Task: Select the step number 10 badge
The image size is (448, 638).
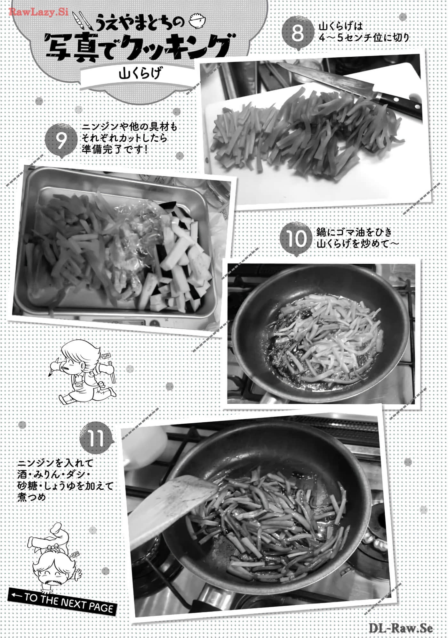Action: click(296, 239)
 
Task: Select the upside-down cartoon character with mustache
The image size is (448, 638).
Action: click(54, 556)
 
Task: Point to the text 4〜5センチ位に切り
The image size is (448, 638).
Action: click(364, 38)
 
